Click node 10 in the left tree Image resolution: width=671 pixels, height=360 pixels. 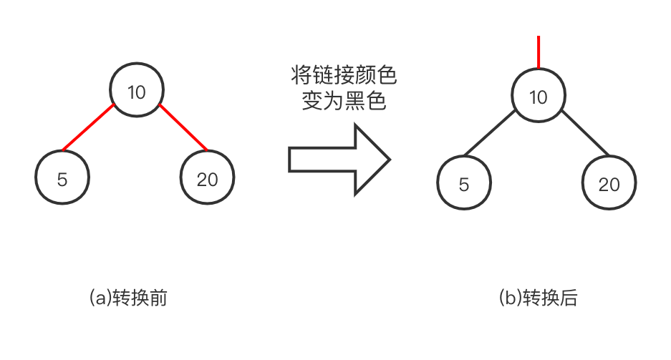click(137, 91)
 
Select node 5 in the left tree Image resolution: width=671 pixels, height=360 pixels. click(62, 178)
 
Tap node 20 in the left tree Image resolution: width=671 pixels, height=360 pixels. click(208, 178)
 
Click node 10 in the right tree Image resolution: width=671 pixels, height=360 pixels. click(539, 97)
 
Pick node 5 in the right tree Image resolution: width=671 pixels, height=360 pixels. click(464, 184)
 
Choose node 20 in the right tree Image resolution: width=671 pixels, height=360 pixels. click(609, 184)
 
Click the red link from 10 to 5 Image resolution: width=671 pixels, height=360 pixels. click(89, 129)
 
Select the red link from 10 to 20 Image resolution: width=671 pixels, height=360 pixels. click(183, 129)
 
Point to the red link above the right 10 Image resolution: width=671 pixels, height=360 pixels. click(539, 52)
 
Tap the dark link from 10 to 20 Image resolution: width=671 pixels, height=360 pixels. click(585, 134)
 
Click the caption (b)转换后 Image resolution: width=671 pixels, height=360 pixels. click(538, 298)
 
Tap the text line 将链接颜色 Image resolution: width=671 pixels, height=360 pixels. click(344, 75)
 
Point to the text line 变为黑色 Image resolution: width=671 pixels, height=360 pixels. click(344, 102)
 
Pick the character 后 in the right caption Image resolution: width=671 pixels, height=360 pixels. click(569, 298)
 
